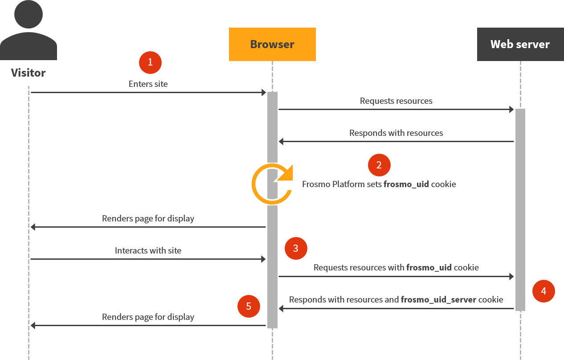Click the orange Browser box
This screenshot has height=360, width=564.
pyautogui.click(x=272, y=44)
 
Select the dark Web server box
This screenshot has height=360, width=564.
pyautogui.click(x=520, y=44)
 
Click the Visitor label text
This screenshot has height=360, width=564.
pyautogui.click(x=29, y=73)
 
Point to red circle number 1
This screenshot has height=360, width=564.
pyautogui.click(x=150, y=62)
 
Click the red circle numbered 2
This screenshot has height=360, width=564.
pyautogui.click(x=379, y=165)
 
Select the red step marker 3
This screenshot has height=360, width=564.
pyautogui.click(x=296, y=248)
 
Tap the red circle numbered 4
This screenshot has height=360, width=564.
pyautogui.click(x=544, y=291)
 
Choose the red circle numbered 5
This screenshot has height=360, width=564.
pyautogui.click(x=249, y=306)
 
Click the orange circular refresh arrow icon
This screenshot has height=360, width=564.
pyautogui.click(x=271, y=184)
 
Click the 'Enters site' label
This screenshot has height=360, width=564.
pyautogui.click(x=148, y=84)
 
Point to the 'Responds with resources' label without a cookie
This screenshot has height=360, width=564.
pyautogui.click(x=396, y=133)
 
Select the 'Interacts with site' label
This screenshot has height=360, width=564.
pyautogui.click(x=148, y=250)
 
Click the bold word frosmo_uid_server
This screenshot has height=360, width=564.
pyautogui.click(x=438, y=299)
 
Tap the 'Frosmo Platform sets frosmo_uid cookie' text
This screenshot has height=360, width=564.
pyautogui.click(x=379, y=184)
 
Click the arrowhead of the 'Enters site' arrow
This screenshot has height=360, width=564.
pyautogui.click(x=263, y=92)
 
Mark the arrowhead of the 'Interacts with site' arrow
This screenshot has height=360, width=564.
pyautogui.click(x=263, y=259)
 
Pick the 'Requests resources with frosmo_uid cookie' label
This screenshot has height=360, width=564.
pyautogui.click(x=396, y=267)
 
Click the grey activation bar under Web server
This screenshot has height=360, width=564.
pyautogui.click(x=520, y=209)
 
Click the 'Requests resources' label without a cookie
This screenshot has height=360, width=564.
pyautogui.click(x=396, y=101)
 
